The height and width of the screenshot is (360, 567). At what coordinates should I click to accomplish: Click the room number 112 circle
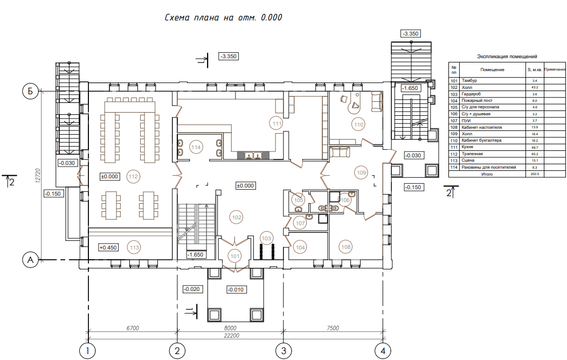point(133,176)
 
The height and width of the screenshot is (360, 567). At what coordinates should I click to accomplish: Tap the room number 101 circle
point(235,257)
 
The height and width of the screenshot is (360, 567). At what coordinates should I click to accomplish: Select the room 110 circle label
point(358,124)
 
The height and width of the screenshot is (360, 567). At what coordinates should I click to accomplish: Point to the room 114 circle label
point(196,148)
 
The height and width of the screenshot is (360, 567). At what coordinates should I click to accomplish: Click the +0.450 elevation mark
point(108,247)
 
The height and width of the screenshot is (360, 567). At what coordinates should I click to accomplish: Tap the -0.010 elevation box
point(236,289)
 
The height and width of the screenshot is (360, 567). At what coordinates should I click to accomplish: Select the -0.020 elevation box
point(192,289)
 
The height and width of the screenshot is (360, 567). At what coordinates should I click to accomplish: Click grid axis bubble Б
point(30,91)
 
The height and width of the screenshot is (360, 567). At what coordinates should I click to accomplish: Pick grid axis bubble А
point(30,260)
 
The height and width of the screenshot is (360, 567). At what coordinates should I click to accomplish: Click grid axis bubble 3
point(283,350)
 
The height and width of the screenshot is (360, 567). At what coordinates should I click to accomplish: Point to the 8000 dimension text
point(230,328)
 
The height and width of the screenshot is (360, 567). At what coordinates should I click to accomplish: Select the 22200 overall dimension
point(231,335)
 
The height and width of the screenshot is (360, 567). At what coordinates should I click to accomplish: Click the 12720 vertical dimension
point(38,176)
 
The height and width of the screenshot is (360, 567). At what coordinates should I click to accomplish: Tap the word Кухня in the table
point(467,147)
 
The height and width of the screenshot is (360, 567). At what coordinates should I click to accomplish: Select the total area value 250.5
point(535,174)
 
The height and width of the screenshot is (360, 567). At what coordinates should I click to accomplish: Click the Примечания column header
point(555,70)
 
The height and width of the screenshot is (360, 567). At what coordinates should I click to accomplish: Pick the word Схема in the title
point(177,17)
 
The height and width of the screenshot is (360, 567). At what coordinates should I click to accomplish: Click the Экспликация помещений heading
point(507,57)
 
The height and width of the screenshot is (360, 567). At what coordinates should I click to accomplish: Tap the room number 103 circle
point(266,238)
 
